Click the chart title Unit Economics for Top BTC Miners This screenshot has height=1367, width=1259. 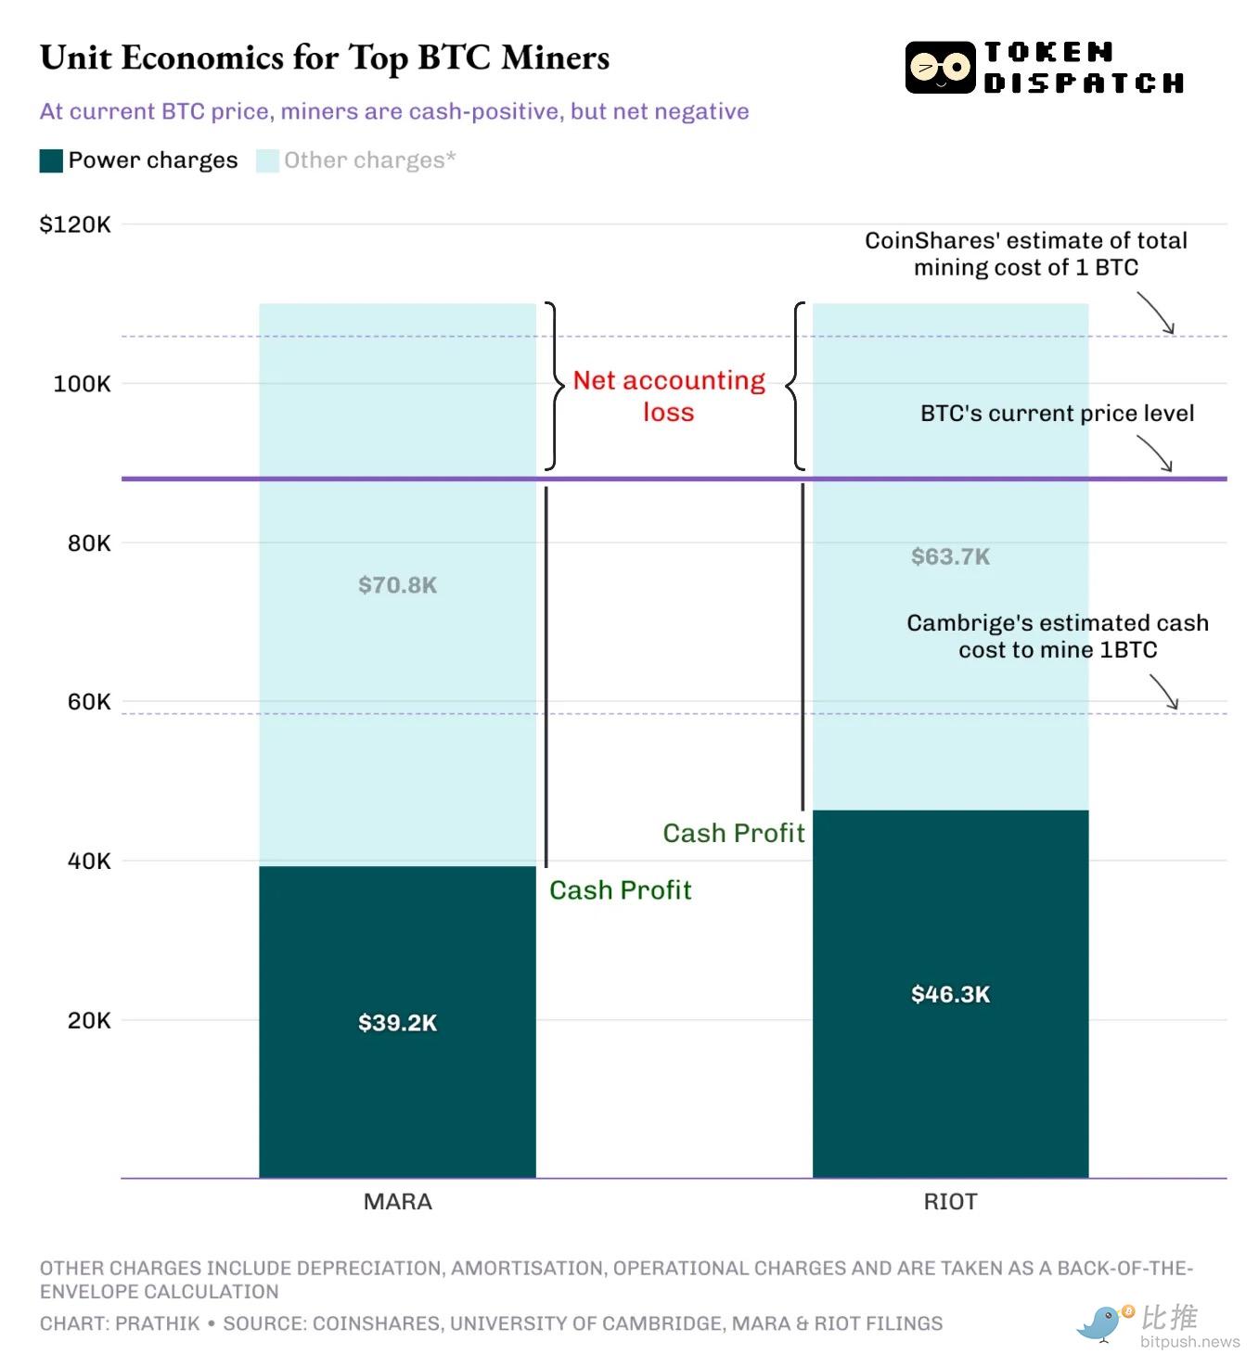pos(325,57)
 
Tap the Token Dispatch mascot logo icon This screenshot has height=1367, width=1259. pos(940,68)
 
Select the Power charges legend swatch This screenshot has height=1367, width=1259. pos(51,160)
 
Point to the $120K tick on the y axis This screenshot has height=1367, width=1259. pos(75,224)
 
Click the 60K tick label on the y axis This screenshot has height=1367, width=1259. pos(88,702)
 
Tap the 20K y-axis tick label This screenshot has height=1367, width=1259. pos(88,1020)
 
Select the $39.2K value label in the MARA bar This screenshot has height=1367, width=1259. pos(397,1023)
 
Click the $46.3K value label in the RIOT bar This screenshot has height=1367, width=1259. pos(950,994)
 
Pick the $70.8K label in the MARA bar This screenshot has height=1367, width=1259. pos(397,585)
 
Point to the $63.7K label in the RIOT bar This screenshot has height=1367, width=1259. pos(950,556)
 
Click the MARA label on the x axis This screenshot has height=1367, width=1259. pos(397,1202)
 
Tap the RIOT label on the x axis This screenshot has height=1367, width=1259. pos(950,1202)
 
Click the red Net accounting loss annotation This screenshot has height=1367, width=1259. pos(668,396)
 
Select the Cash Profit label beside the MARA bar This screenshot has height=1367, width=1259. pos(620,890)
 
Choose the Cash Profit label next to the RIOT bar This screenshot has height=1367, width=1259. pos(733,833)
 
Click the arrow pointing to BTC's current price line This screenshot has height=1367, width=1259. pos(1156,454)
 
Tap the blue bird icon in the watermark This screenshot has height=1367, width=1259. pos(1101,1322)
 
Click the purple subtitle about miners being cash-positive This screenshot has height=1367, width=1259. pos(394,111)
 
